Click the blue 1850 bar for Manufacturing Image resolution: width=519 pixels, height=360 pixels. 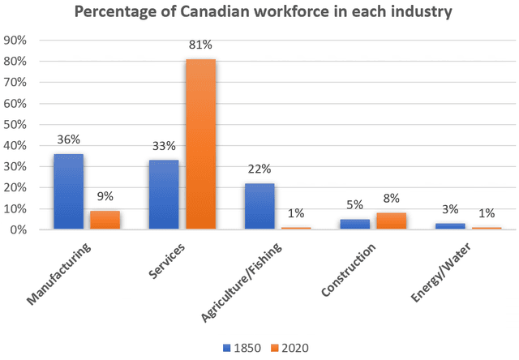[68, 192]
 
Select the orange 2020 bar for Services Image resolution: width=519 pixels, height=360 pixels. [200, 144]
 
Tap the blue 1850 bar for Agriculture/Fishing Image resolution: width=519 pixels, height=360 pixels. [259, 207]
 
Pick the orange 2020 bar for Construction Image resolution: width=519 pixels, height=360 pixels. [391, 221]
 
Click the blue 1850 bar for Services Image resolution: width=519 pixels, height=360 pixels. [164, 195]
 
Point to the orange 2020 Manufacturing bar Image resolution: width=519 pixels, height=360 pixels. [105, 220]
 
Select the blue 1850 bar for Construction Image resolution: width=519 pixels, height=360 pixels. [354, 224]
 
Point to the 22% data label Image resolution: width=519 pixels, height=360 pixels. [259, 170]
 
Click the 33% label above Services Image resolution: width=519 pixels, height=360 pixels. [164, 148]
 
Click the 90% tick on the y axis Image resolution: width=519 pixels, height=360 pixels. [17, 41]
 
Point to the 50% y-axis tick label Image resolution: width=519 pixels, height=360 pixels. [17, 125]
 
